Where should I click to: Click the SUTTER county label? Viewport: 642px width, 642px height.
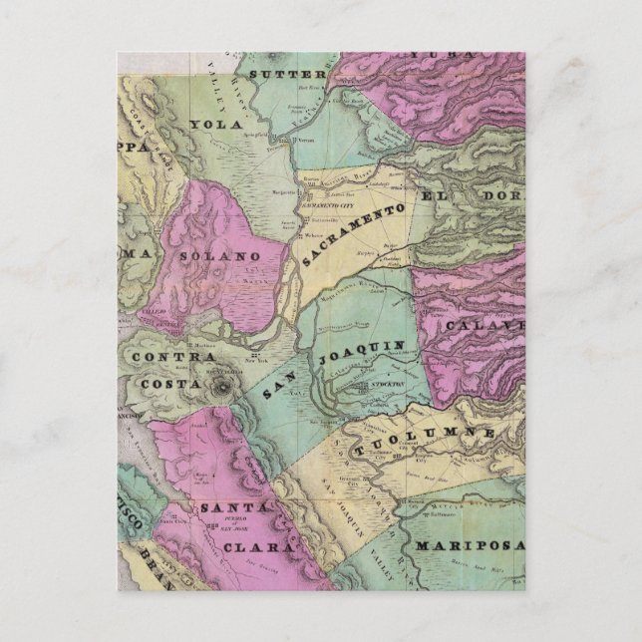(x=287, y=74)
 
